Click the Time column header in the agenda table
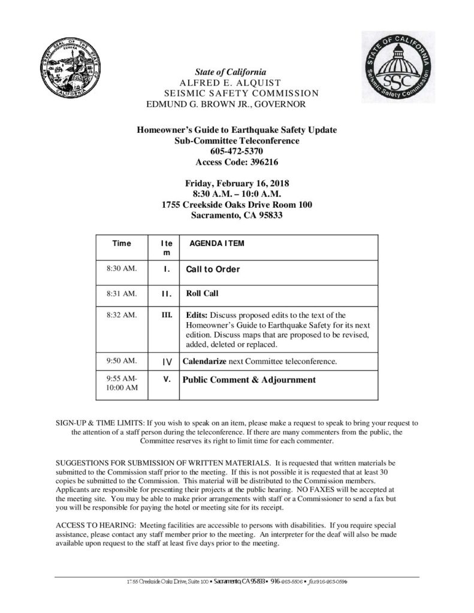click(x=122, y=244)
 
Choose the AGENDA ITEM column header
click(x=216, y=244)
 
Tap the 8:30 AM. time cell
click(x=121, y=269)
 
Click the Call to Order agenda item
click(x=213, y=269)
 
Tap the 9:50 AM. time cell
click(x=121, y=361)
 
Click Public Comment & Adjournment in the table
click(x=249, y=380)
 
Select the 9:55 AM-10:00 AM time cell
click(x=122, y=384)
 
